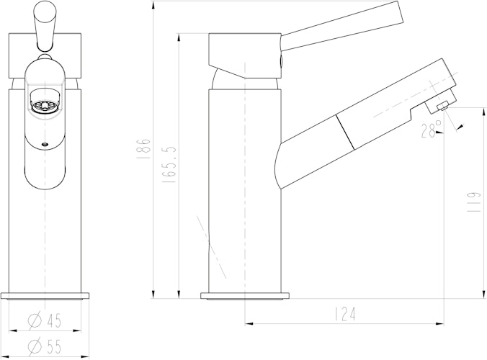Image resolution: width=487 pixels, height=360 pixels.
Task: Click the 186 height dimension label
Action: (144, 148)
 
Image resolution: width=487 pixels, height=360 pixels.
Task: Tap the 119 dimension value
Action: (472, 202)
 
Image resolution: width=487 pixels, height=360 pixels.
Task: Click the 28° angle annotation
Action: (431, 130)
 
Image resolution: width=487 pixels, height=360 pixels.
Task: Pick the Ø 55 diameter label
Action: (45, 346)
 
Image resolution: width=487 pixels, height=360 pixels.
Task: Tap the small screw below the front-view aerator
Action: (45, 143)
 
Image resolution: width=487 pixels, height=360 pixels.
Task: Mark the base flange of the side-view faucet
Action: (245, 295)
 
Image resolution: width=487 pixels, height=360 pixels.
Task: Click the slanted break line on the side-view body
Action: (210, 245)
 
